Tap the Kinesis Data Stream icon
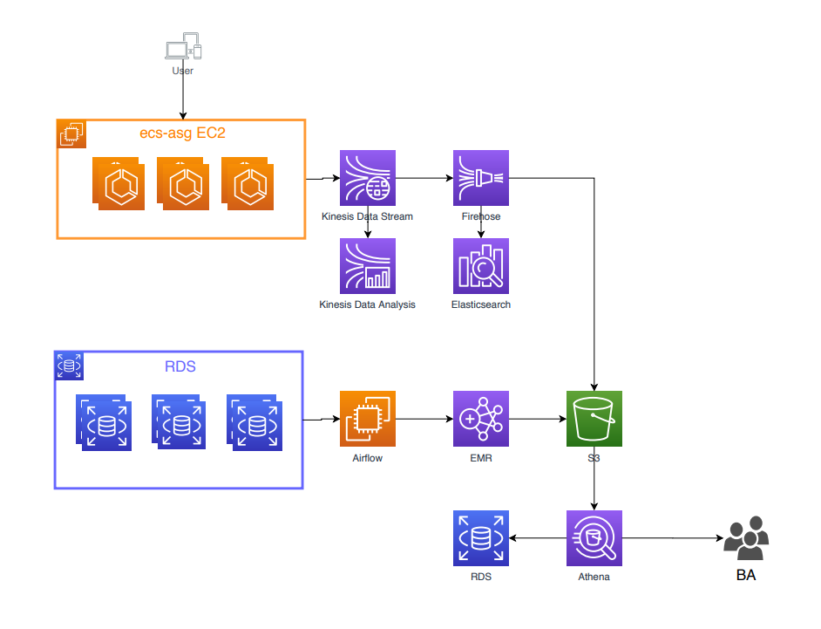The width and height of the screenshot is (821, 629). [x=367, y=178]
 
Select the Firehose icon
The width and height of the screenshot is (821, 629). [x=480, y=178]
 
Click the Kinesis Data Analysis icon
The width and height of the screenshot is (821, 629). [x=367, y=265]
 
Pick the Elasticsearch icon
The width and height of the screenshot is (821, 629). [x=480, y=265]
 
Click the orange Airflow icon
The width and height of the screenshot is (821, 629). [x=367, y=418]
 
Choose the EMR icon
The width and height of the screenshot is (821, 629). [x=480, y=418]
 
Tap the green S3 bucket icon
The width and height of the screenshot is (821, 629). [x=594, y=418]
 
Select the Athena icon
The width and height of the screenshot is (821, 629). [x=594, y=538]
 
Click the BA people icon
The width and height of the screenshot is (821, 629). [x=746, y=538]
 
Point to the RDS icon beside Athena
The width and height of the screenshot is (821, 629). [x=480, y=538]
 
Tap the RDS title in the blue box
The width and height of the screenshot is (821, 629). [x=180, y=366]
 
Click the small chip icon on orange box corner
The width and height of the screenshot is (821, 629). [x=71, y=133]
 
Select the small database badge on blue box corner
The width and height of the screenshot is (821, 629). [x=69, y=366]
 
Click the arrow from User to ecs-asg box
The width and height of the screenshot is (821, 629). [x=183, y=98]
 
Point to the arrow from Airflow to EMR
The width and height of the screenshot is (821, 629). [x=424, y=419]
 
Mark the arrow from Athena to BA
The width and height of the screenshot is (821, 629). [x=671, y=538]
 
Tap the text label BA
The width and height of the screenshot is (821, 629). [x=746, y=576]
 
